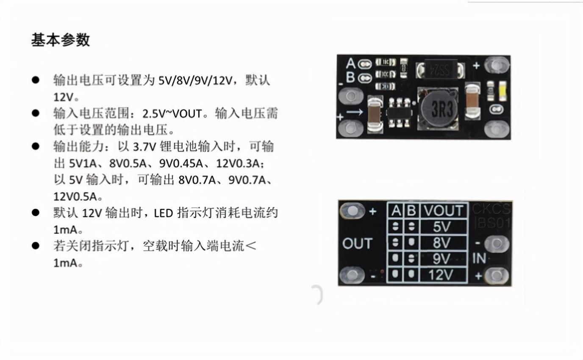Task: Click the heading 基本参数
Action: pyautogui.click(x=61, y=40)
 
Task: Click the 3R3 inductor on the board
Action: pyautogui.click(x=438, y=108)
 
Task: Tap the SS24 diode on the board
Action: pyautogui.click(x=441, y=69)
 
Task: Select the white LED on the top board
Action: pyautogui.click(x=502, y=91)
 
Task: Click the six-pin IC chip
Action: pyautogui.click(x=399, y=113)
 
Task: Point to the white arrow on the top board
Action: pyautogui.click(x=355, y=112)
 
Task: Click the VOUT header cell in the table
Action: pyautogui.click(x=444, y=210)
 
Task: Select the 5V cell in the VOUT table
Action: pyautogui.click(x=444, y=227)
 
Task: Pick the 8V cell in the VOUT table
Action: pyautogui.click(x=444, y=243)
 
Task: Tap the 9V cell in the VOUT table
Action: pyautogui.click(x=444, y=258)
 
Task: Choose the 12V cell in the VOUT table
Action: pyautogui.click(x=444, y=275)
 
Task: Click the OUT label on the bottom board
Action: pyautogui.click(x=357, y=244)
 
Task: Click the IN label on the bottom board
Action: pyautogui.click(x=479, y=258)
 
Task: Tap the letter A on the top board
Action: pyautogui.click(x=350, y=63)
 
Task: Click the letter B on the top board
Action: pyautogui.click(x=350, y=77)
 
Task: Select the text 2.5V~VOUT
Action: pyautogui.click(x=172, y=114)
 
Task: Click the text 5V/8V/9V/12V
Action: pyautogui.click(x=195, y=80)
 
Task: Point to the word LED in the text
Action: pyautogui.click(x=164, y=213)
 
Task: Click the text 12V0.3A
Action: pyautogui.click(x=238, y=163)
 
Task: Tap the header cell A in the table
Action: pyautogui.click(x=396, y=210)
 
